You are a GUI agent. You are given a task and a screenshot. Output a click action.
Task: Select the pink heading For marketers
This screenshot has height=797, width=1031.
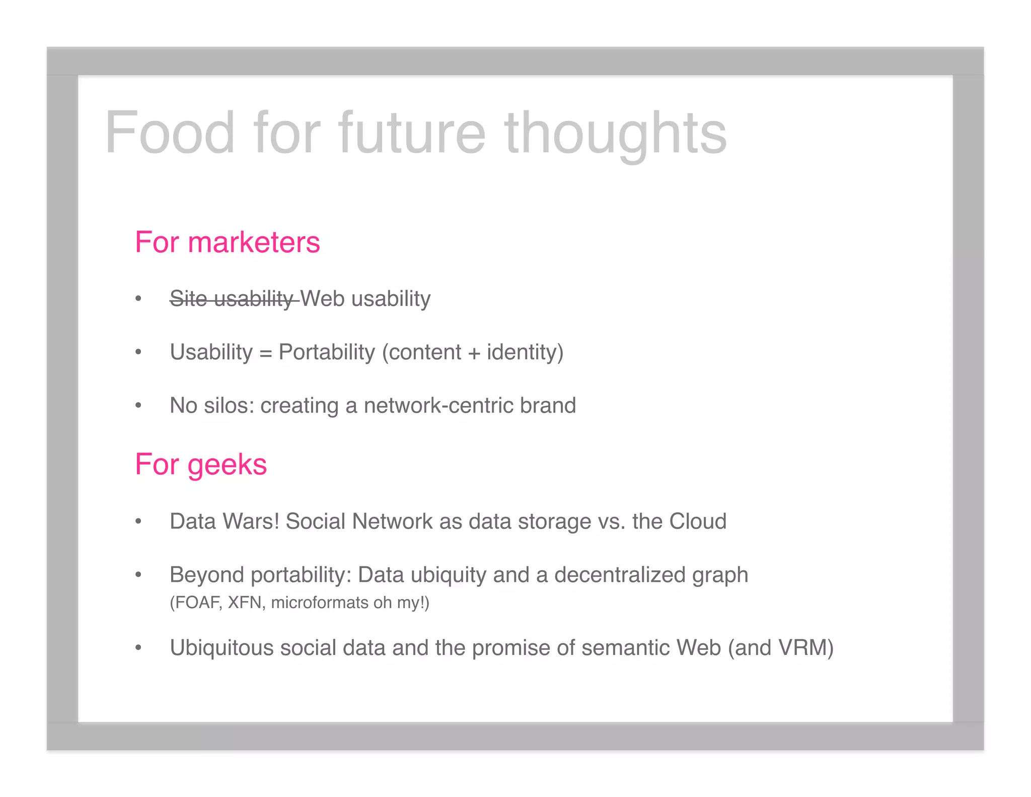[227, 242]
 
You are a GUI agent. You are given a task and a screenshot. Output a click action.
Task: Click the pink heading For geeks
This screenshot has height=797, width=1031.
[200, 464]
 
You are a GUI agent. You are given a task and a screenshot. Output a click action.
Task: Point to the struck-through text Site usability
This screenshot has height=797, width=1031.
[232, 299]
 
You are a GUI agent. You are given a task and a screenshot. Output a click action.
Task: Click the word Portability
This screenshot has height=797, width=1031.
[327, 352]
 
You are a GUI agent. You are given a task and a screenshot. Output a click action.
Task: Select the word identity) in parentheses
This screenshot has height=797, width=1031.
[525, 352]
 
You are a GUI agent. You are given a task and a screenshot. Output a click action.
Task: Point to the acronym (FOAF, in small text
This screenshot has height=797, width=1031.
[196, 603]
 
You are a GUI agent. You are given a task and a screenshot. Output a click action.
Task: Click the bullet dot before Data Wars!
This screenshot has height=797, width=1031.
[138, 522]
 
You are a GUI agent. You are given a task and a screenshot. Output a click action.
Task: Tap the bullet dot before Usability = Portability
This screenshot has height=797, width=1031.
[138, 352]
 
